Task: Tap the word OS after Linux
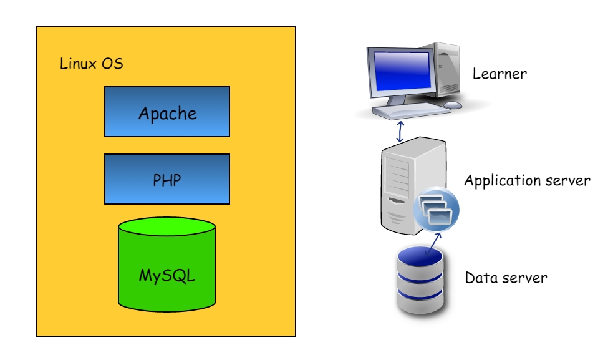tap(112, 64)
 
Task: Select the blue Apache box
tap(167, 112)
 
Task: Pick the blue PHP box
tap(167, 179)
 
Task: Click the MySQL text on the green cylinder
tap(167, 275)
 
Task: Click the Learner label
tap(500, 74)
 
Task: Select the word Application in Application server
tap(502, 182)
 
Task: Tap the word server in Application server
tap(567, 181)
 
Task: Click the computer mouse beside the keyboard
tap(453, 105)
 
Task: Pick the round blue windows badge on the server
tap(436, 208)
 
